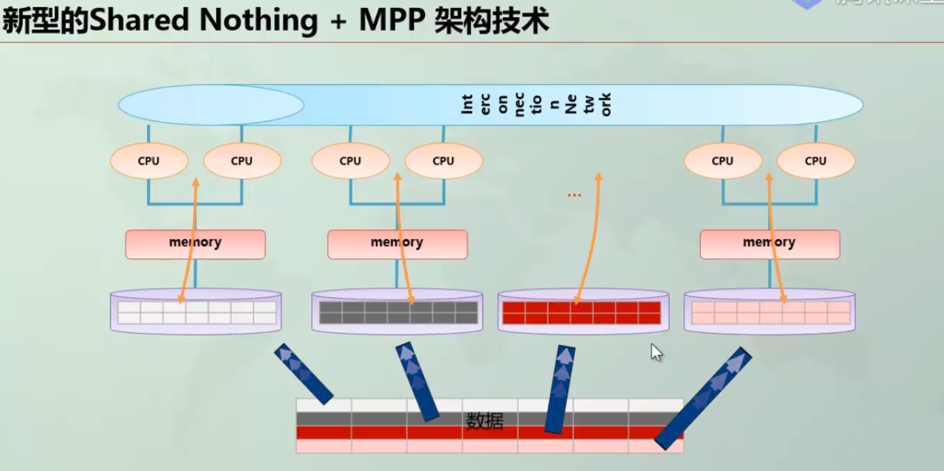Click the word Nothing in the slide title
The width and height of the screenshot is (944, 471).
tap(259, 21)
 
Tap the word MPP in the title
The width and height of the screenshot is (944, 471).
tap(392, 21)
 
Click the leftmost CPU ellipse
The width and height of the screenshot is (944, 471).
tap(149, 161)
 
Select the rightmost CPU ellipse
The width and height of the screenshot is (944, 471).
tap(816, 161)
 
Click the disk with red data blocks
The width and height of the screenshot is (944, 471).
tap(583, 312)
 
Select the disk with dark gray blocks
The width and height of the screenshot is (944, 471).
tap(398, 312)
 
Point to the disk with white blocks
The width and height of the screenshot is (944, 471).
tap(196, 312)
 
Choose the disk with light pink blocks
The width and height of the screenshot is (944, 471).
tap(770, 312)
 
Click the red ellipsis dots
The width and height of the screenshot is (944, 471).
tap(574, 195)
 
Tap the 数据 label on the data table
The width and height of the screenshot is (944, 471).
tap(485, 421)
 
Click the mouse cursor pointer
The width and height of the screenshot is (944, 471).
tap(655, 352)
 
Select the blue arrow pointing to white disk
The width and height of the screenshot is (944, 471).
tap(303, 373)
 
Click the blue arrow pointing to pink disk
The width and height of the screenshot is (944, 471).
tap(704, 398)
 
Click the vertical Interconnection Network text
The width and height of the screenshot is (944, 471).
tap(535, 105)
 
